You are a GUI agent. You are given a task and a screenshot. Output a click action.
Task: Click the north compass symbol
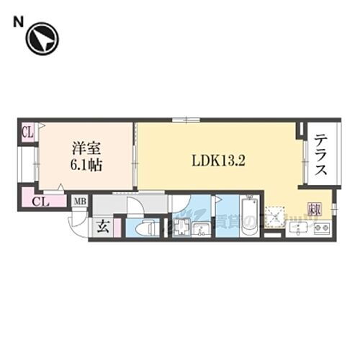coord(42,39)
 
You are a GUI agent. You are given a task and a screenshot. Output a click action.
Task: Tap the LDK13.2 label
coord(219,161)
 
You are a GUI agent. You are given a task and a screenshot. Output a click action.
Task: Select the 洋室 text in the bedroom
coord(86,149)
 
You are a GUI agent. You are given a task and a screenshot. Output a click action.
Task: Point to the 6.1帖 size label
coord(86,165)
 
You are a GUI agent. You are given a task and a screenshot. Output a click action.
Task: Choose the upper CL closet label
coord(27,132)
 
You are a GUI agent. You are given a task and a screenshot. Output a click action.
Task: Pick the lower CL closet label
coord(40,200)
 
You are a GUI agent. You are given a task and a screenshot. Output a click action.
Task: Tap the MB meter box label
coord(81,201)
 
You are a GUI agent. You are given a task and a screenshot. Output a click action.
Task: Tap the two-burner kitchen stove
coord(321,230)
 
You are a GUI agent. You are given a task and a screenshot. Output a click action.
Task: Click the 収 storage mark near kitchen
coord(315,211)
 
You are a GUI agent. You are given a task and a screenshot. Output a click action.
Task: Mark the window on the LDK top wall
coord(184,120)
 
